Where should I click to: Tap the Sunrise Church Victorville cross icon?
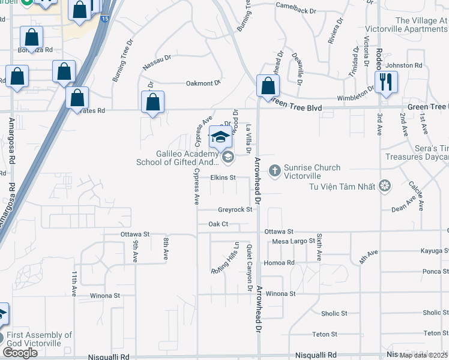[275, 172]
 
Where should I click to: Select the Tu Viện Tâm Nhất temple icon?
[385, 187]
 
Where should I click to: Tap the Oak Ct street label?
[218, 224]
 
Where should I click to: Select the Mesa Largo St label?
[294, 241]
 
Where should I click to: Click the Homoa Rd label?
[283, 263]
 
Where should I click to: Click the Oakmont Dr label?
[204, 83]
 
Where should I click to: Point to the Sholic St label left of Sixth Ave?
[334, 313]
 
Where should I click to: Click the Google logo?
[20, 353]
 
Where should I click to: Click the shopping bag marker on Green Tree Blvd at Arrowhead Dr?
[267, 85]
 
